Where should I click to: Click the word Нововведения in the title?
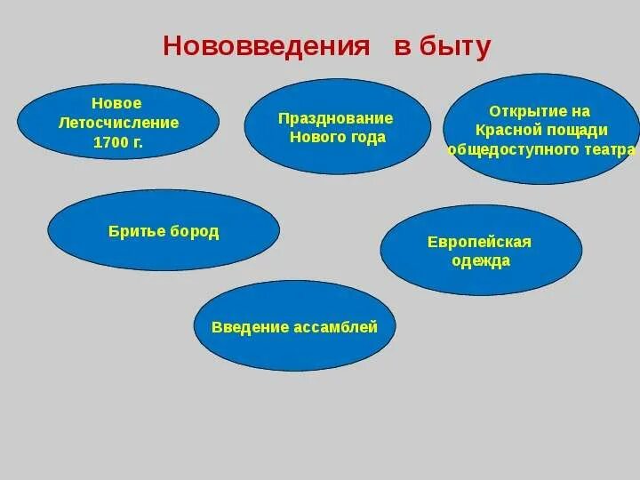(x=266, y=47)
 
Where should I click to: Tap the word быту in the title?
(x=454, y=47)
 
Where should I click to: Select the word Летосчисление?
(x=118, y=123)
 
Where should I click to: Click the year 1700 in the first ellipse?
(x=109, y=141)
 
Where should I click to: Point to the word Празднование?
(x=335, y=118)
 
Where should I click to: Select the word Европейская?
(x=479, y=242)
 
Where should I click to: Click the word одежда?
(x=480, y=261)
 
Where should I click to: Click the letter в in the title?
(x=402, y=47)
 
